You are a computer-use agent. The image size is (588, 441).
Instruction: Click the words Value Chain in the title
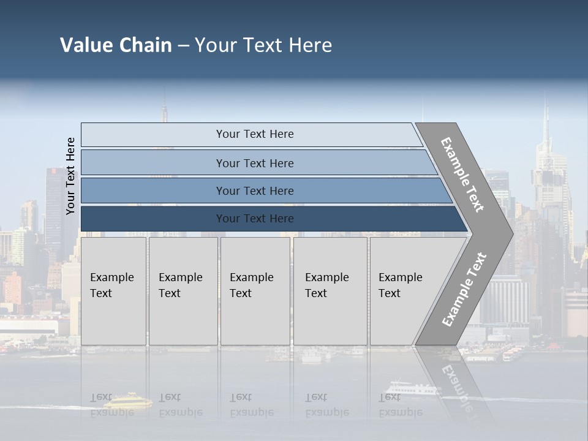pyautogui.click(x=116, y=45)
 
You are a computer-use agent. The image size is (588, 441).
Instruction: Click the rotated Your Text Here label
pyautogui.click(x=70, y=176)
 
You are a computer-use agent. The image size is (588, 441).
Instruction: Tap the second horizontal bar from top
pyautogui.click(x=255, y=163)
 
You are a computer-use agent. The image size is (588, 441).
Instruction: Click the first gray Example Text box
pyautogui.click(x=113, y=290)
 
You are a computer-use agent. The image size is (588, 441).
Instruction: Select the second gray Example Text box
pyautogui.click(x=183, y=290)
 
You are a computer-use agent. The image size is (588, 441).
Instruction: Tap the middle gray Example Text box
pyautogui.click(x=255, y=290)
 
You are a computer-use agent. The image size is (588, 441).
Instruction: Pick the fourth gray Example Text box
pyautogui.click(x=330, y=290)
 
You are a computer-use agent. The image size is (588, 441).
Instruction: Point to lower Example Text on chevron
pyautogui.click(x=464, y=290)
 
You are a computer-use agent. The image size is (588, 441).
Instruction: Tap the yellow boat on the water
pyautogui.click(x=127, y=401)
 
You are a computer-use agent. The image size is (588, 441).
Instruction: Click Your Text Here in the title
pyautogui.click(x=263, y=45)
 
